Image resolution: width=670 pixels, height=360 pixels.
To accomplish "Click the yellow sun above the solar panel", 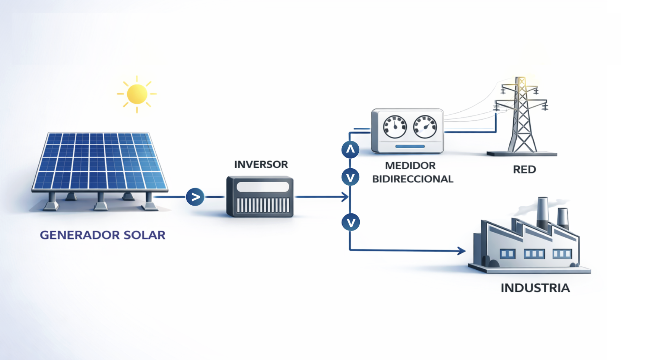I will tap(137, 94).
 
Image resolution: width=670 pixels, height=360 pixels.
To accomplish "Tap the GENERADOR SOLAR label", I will tap(103, 235).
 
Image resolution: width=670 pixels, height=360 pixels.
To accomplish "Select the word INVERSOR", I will tap(261, 164).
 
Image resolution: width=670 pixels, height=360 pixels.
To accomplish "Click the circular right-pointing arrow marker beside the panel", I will tap(195, 197).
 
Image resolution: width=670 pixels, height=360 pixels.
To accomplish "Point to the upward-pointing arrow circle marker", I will tap(350, 150).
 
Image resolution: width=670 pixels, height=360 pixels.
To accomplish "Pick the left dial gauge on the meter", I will tap(395, 127).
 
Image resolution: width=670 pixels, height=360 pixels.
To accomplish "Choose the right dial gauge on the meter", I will tap(425, 127).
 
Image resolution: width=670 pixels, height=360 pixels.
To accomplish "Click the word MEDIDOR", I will tap(410, 165).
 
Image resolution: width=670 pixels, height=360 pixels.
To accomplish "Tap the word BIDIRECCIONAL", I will tap(412, 179).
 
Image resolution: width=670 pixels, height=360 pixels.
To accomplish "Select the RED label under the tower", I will tap(524, 169).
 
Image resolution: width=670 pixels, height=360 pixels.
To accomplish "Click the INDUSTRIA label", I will tap(535, 288).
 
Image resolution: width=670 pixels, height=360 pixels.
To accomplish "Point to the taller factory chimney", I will tap(543, 213).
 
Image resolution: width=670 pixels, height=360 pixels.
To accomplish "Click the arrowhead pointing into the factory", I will tap(462, 251).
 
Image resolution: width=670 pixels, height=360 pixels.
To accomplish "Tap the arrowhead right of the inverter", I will tap(345, 197).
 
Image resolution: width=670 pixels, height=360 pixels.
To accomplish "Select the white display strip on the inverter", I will tap(263, 187).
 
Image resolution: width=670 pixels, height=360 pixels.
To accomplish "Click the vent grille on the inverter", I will tap(263, 205).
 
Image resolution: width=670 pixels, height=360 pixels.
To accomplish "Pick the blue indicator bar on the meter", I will tap(410, 146).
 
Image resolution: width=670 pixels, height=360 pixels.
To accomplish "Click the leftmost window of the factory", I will tap(507, 254).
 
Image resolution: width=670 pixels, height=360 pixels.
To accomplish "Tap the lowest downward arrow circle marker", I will tap(350, 222).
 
